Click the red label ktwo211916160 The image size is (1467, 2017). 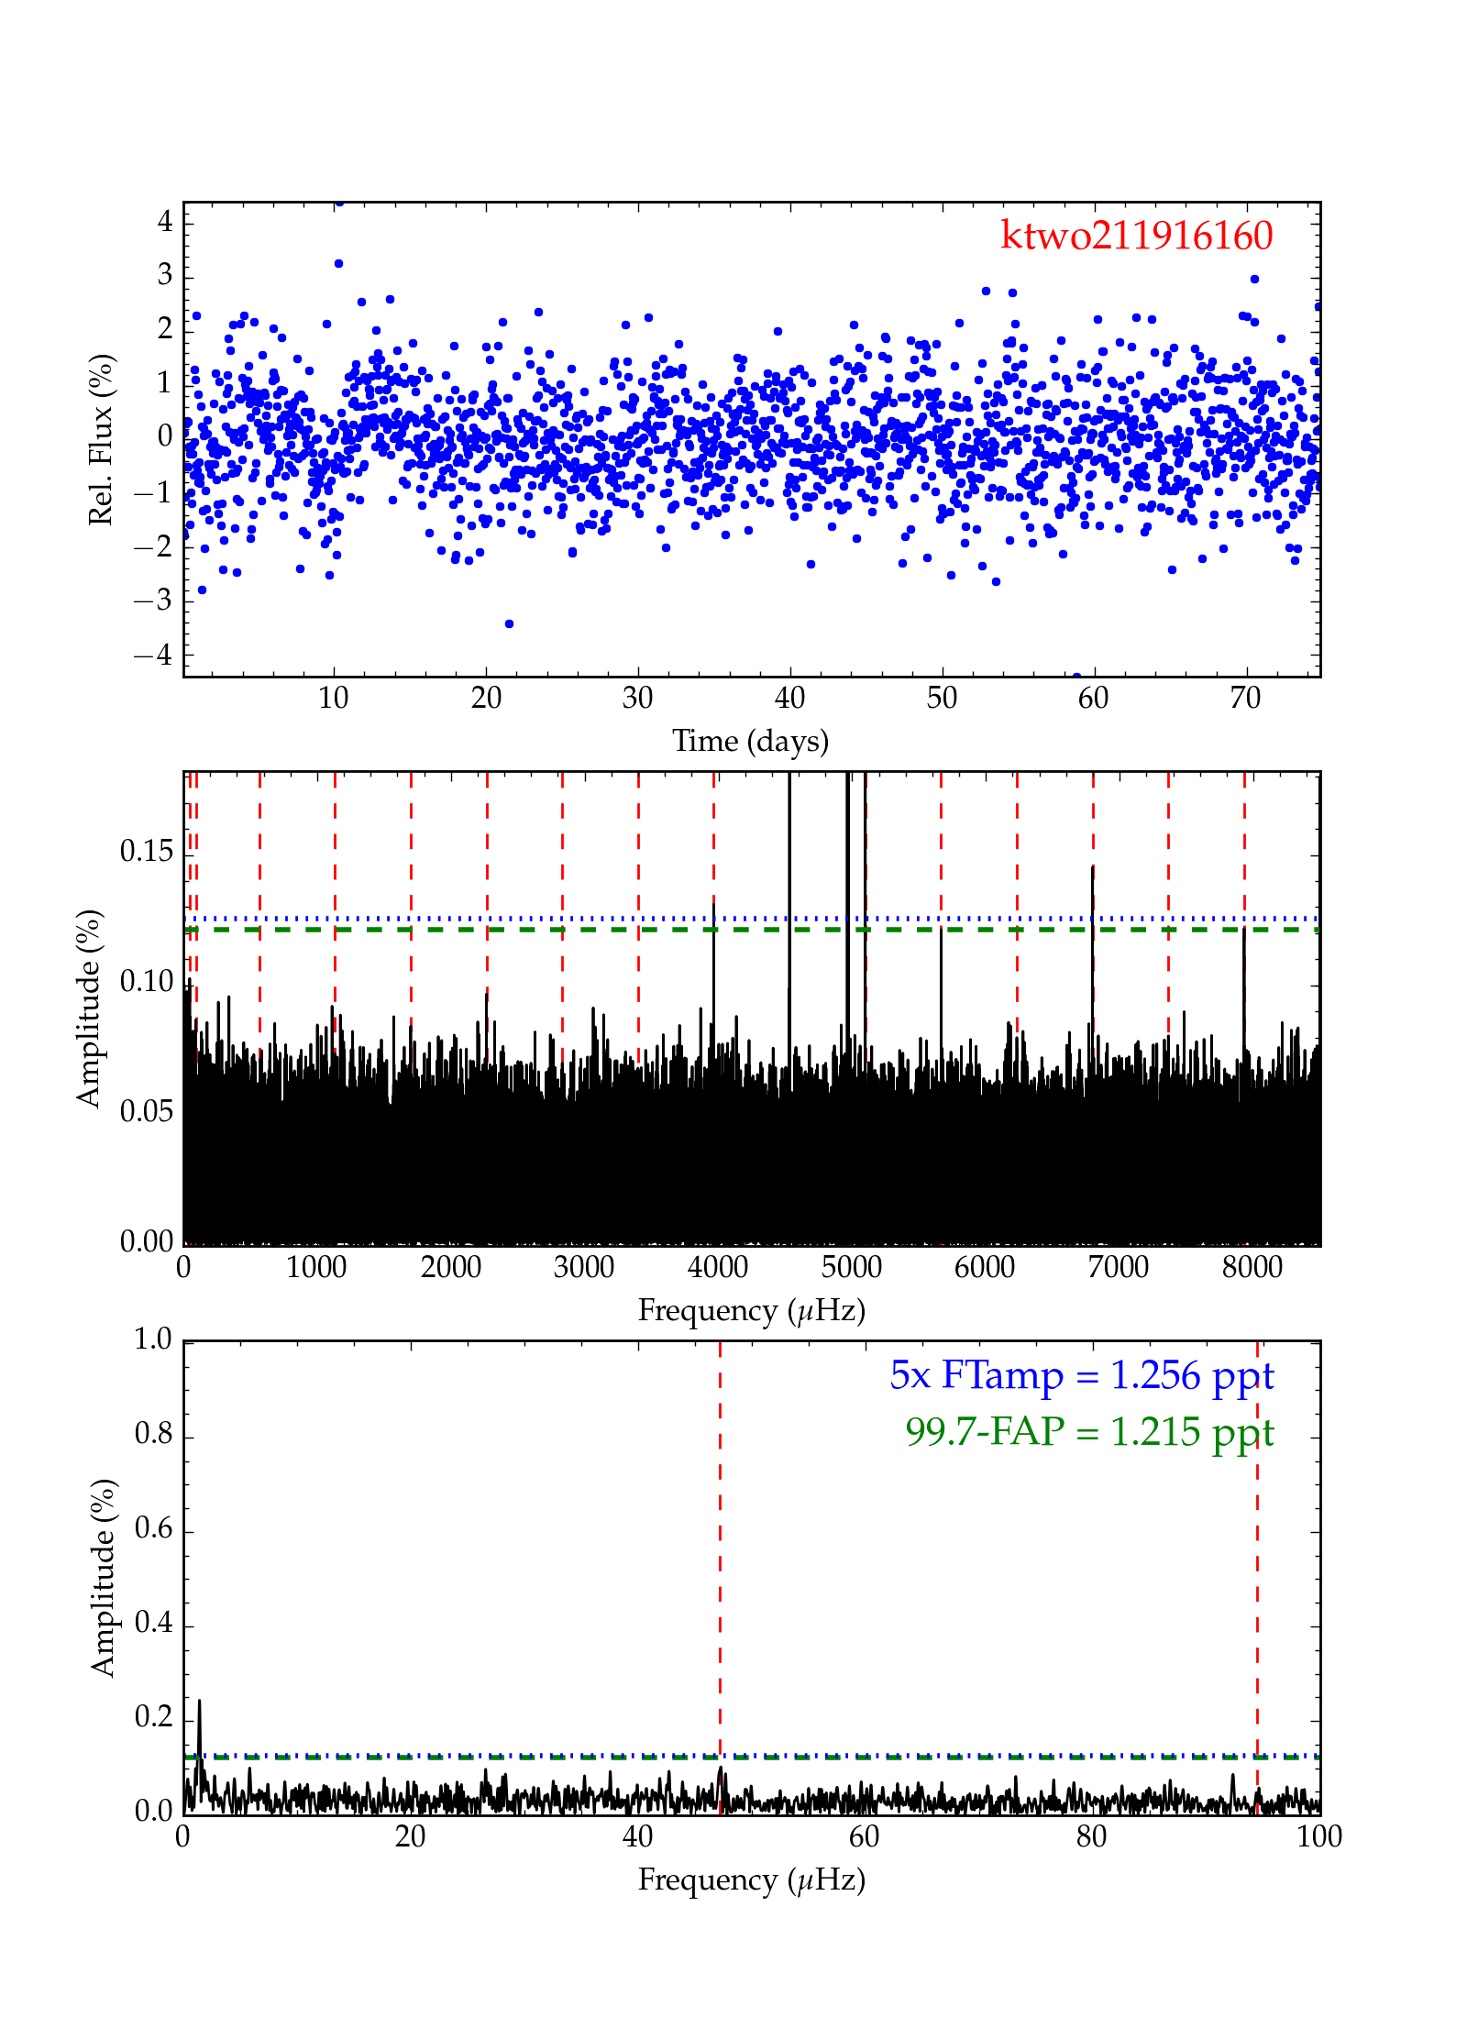pos(1136,236)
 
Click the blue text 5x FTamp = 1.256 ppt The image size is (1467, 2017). pos(1081,1376)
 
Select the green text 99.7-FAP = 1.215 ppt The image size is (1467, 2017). pos(1089,1432)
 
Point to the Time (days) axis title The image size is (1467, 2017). pos(750,741)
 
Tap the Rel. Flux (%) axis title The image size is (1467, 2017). pos(101,439)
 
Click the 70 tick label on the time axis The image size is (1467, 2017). pos(1245,699)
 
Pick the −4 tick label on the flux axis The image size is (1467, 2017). pos(153,655)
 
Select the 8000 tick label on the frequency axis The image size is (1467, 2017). pos(1252,1268)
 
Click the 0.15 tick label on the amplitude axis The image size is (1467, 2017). pos(147,852)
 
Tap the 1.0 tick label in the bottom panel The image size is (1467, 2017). pos(153,1339)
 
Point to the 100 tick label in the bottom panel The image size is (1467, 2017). pos(1318,1836)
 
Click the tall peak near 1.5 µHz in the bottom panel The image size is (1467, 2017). pos(199,1703)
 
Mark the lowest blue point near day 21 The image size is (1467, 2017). pos(509,623)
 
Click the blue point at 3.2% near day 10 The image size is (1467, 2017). pos(338,263)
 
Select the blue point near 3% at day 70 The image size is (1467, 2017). pos(1254,279)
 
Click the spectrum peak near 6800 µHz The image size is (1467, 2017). pos(1093,867)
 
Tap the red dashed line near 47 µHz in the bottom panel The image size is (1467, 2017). pos(720,1559)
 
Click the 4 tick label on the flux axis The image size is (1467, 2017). pos(165,221)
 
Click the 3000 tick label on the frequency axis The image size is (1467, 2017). pos(584,1268)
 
